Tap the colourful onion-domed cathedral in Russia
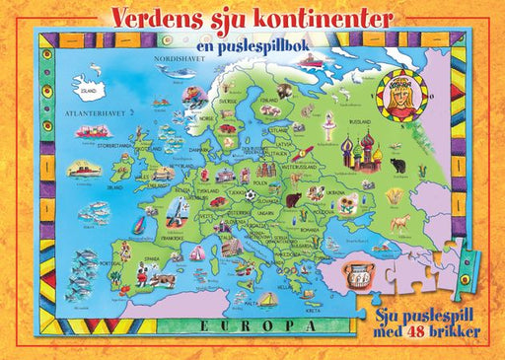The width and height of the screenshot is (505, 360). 356,151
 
